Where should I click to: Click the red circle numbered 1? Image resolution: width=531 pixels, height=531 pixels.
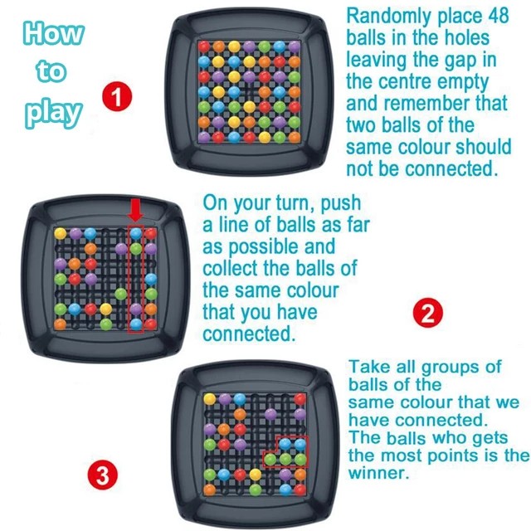point(117,96)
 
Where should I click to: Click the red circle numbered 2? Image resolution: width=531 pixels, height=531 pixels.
point(428,314)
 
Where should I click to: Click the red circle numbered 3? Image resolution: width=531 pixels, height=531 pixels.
point(102,476)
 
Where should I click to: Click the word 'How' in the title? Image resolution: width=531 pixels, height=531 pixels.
point(54,34)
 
